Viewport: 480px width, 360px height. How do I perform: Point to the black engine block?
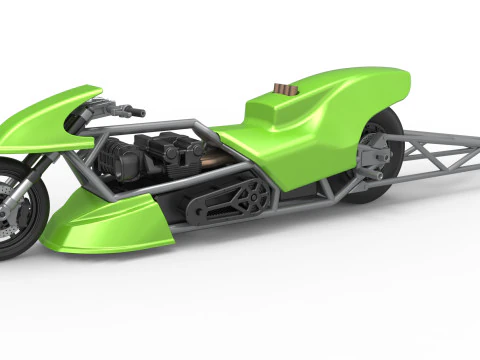point(165,160)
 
